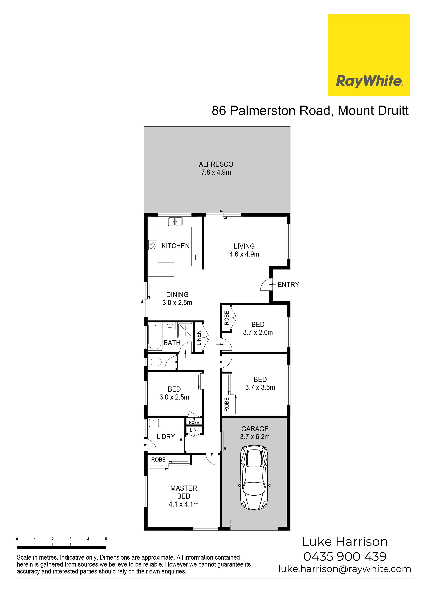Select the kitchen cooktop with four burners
tap(153, 245)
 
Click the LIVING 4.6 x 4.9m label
tap(244, 250)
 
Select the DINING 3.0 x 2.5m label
tap(177, 298)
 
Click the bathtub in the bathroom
tap(155, 337)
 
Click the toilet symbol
tap(154, 362)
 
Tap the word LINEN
tap(199, 338)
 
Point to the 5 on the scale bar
tap(106, 539)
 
